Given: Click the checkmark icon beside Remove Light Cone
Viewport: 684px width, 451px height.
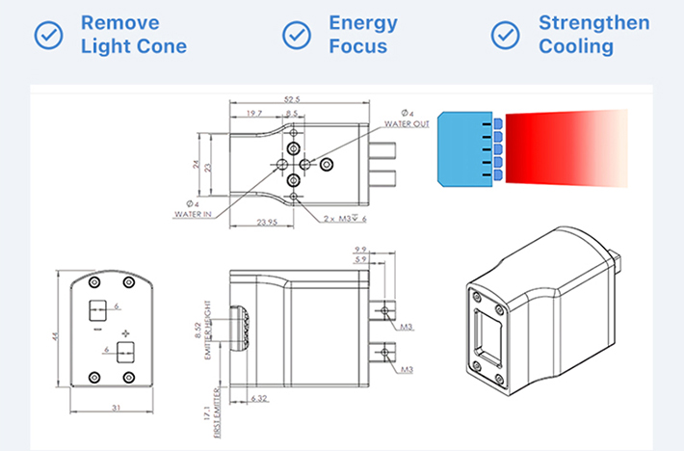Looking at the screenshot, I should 49,35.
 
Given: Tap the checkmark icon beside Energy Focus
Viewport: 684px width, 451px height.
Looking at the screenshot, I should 297,35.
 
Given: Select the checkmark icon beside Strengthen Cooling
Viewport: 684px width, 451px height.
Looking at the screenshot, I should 506,35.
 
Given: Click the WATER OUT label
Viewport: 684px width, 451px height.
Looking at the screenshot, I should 408,122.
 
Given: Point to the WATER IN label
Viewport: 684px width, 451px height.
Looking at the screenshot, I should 193,214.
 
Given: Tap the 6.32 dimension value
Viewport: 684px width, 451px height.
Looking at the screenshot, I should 258,397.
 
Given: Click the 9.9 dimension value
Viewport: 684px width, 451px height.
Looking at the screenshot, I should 361,248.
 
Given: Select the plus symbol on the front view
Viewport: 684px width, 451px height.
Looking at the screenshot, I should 123,332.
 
